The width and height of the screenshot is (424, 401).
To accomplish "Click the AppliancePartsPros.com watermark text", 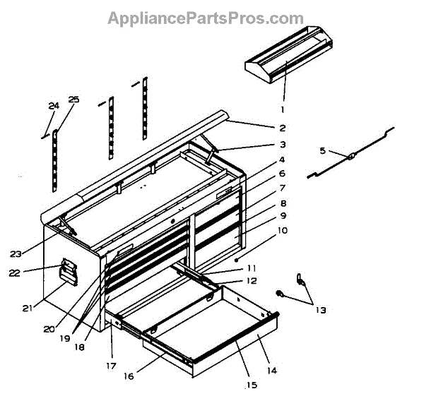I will [x=205, y=18].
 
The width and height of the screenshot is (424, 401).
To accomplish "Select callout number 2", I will [x=281, y=128].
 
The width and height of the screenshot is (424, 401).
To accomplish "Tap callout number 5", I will [x=322, y=150].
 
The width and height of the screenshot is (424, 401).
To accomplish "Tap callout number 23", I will [x=35, y=253].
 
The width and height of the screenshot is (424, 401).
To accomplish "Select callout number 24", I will [x=52, y=106].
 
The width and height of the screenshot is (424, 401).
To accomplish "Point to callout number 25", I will [x=73, y=100].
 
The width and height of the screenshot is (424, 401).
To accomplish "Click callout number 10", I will [x=281, y=230].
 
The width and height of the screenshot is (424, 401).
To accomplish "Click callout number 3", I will [x=281, y=145].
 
